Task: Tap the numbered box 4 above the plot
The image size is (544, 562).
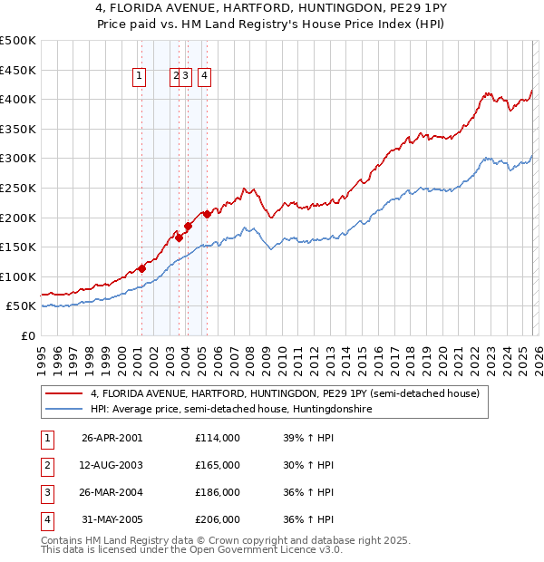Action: coord(206,77)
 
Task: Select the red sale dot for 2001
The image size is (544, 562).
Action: coord(141,268)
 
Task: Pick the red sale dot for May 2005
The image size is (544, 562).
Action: coord(207,214)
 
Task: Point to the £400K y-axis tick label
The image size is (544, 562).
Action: coord(18,100)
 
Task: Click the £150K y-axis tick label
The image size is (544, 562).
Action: coord(18,247)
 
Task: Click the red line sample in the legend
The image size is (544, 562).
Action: coord(64,394)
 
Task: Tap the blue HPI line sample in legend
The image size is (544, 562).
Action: coord(64,410)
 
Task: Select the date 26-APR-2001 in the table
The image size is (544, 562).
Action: coord(112,438)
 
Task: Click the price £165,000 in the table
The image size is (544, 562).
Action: coord(218,465)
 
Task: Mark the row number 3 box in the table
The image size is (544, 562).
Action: coord(45,492)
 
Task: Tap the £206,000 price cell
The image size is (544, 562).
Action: coord(218,519)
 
